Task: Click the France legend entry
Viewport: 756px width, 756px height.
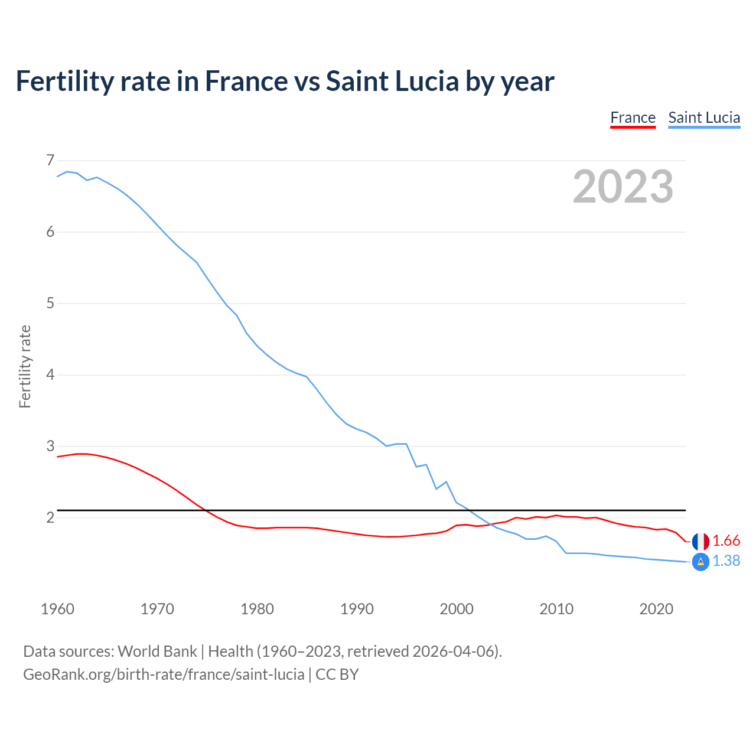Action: click(633, 118)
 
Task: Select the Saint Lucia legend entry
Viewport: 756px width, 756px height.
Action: click(704, 118)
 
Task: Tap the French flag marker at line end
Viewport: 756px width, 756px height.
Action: click(700, 541)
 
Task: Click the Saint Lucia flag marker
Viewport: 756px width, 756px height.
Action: click(700, 562)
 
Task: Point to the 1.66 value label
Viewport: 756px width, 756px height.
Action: click(726, 541)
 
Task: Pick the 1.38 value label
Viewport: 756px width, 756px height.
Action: click(726, 561)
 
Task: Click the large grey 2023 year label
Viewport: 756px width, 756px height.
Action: click(623, 187)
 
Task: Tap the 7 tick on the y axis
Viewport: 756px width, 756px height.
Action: click(50, 161)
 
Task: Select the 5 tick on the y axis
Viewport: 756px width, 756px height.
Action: click(50, 304)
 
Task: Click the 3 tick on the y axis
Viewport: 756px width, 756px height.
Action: click(50, 447)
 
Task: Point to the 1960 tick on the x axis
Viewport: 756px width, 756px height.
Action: click(57, 609)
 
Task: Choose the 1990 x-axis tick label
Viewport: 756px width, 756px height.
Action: click(357, 609)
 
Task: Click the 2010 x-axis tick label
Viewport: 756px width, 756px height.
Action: click(556, 609)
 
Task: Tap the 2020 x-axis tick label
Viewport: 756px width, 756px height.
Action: click(656, 609)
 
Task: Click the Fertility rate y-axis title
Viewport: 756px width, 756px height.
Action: click(25, 366)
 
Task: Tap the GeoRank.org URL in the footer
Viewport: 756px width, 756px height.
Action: click(164, 674)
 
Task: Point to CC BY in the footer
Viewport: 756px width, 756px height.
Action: click(337, 674)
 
